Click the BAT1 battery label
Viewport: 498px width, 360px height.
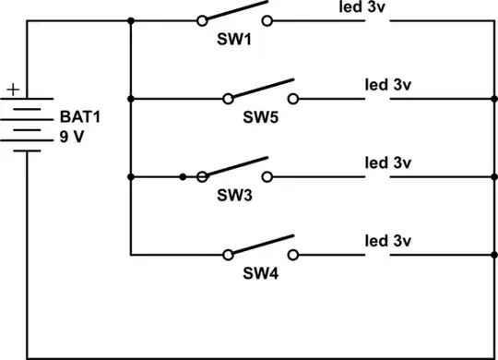[79, 116]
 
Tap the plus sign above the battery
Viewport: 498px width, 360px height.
[12, 90]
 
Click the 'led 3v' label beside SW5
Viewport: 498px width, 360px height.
[386, 84]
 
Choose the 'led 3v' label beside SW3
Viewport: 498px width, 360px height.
[386, 162]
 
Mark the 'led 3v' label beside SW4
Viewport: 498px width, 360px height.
[386, 240]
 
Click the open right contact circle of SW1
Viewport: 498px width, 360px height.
[267, 19]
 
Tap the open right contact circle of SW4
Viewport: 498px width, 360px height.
[293, 254]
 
